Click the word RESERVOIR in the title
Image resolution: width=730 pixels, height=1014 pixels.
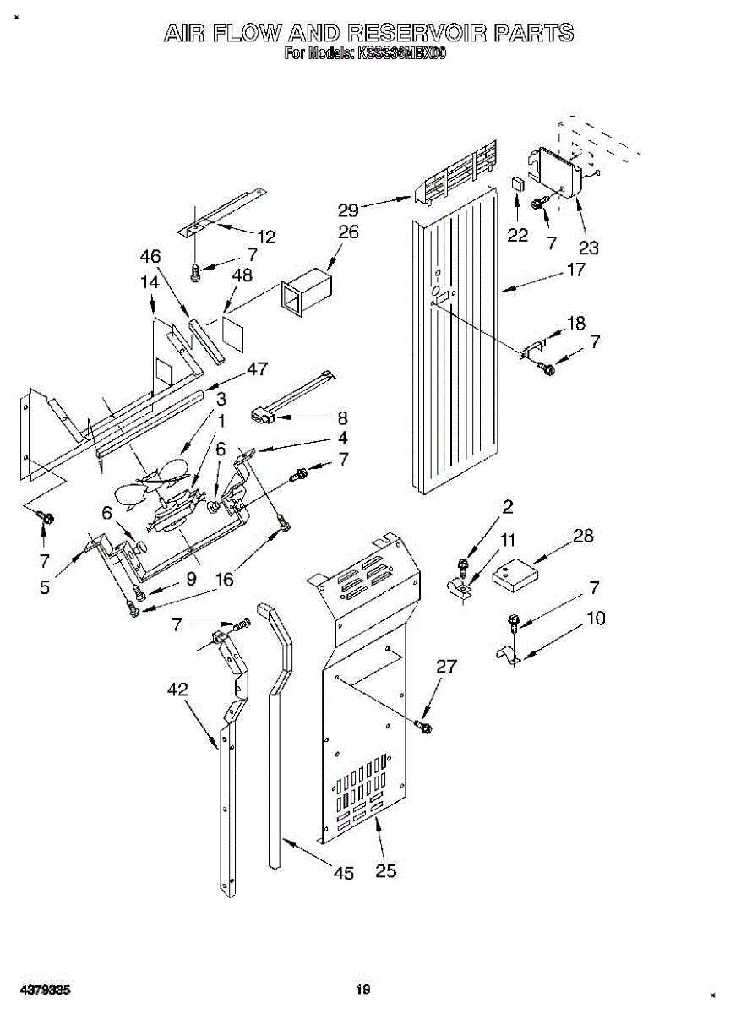click(417, 33)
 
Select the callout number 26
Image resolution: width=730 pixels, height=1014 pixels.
click(348, 232)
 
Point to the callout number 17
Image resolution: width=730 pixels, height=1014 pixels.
click(575, 271)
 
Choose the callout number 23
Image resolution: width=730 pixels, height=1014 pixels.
click(588, 248)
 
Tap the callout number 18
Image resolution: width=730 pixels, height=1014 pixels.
click(575, 322)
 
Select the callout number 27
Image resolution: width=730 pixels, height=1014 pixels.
click(446, 667)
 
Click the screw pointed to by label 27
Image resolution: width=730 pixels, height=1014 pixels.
click(424, 726)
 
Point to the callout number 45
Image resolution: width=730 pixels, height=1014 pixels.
click(343, 874)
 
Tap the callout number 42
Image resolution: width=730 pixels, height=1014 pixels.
click(177, 689)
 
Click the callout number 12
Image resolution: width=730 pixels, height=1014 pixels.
click(266, 237)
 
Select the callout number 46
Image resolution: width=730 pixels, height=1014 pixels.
click(150, 256)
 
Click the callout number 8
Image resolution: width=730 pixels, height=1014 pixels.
click(342, 417)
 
